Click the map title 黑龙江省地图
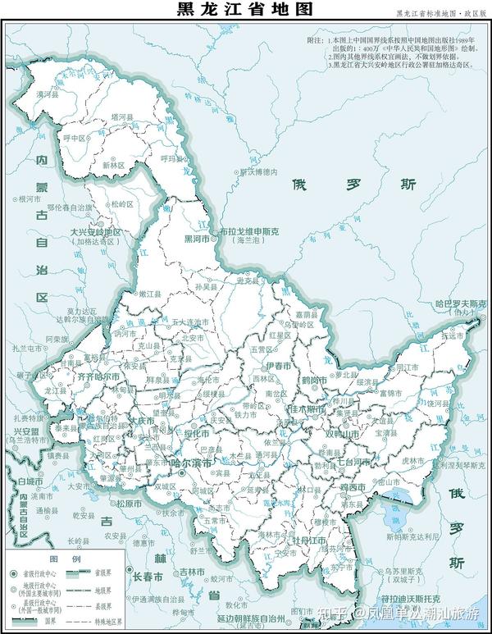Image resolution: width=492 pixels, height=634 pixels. (x=244, y=11)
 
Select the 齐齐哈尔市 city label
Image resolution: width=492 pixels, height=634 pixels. (x=98, y=375)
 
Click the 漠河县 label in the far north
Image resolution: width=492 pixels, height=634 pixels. (x=46, y=96)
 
